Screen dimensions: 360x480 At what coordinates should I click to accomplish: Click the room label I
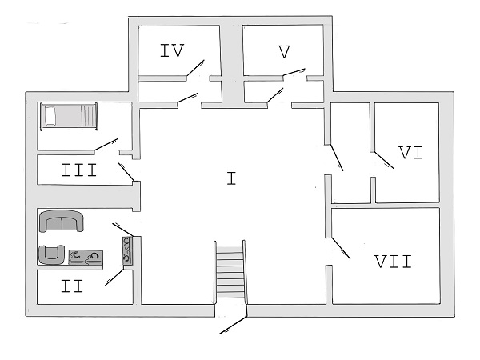pyautogui.click(x=230, y=178)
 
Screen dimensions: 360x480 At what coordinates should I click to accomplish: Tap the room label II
pyautogui.click(x=72, y=286)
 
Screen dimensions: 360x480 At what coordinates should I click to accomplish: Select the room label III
pyautogui.click(x=79, y=170)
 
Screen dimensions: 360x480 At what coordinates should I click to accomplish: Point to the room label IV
pyautogui.click(x=172, y=51)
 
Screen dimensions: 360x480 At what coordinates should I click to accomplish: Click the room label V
pyautogui.click(x=284, y=52)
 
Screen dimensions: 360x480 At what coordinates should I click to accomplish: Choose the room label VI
pyautogui.click(x=410, y=152)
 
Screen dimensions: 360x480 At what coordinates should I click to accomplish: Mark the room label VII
pyautogui.click(x=393, y=262)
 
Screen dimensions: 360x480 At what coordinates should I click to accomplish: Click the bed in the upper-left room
pyautogui.click(x=70, y=116)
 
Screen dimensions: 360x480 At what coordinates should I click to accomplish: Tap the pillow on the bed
pyautogui.click(x=50, y=116)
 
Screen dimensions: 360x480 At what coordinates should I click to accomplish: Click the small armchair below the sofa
pyautogui.click(x=52, y=254)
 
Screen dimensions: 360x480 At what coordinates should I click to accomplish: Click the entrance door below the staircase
pyautogui.click(x=234, y=324)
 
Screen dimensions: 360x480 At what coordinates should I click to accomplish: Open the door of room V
pyautogui.click(x=295, y=73)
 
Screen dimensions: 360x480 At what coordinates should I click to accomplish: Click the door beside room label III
pyautogui.click(x=126, y=171)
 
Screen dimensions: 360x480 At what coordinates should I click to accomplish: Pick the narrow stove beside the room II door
pyautogui.click(x=127, y=251)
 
